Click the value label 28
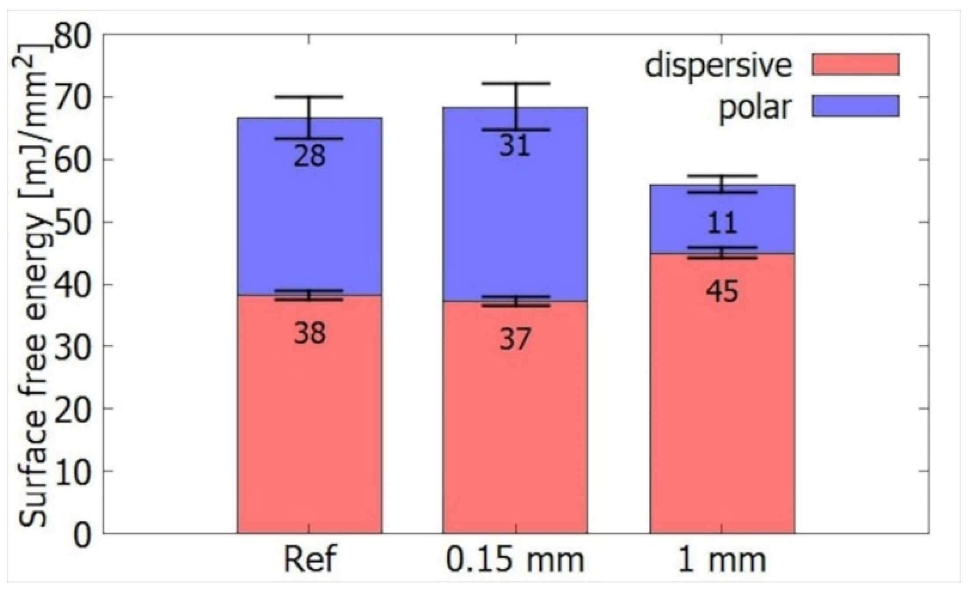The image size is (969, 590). click(309, 156)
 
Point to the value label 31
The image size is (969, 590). click(515, 146)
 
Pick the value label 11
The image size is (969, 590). click(722, 223)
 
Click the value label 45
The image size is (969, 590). click(722, 291)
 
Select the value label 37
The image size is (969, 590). click(515, 339)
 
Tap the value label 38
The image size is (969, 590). click(309, 333)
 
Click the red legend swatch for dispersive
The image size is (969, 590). click(855, 64)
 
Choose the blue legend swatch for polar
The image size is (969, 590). click(855, 106)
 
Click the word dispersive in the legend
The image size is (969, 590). click(718, 66)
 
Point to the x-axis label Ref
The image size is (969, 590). click(309, 559)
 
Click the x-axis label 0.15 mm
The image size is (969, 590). click(515, 559)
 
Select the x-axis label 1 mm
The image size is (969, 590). click(722, 559)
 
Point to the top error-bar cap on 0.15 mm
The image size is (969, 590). click(515, 83)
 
